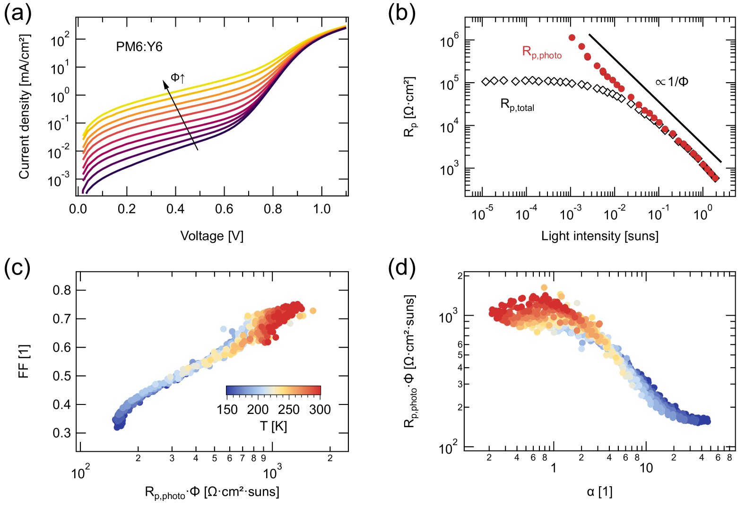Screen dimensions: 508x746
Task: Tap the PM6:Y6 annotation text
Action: coord(139,47)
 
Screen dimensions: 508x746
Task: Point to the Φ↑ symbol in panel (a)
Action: coord(178,78)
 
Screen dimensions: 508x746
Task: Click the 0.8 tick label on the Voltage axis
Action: coord(273,209)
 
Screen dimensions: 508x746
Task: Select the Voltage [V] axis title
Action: coord(212,236)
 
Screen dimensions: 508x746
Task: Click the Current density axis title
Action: coord(24,107)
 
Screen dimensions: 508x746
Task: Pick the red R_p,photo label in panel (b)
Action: coord(541,52)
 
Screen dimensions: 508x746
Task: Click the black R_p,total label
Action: coord(517,105)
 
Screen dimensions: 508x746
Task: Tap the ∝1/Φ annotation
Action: coord(672,82)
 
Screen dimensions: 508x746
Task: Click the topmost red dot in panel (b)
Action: coord(572,38)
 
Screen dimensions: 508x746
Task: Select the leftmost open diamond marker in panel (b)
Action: coord(486,82)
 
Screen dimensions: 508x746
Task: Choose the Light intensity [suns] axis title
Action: coord(599,236)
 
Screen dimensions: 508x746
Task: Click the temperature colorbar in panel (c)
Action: coord(273,390)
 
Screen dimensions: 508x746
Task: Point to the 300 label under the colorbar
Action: coord(320,410)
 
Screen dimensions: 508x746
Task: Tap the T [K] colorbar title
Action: coord(273,426)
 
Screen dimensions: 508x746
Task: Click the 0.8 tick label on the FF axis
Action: coord(61,290)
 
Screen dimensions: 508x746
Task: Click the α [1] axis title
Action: coord(599,492)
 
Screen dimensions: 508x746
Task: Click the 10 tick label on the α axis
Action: coord(646,468)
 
